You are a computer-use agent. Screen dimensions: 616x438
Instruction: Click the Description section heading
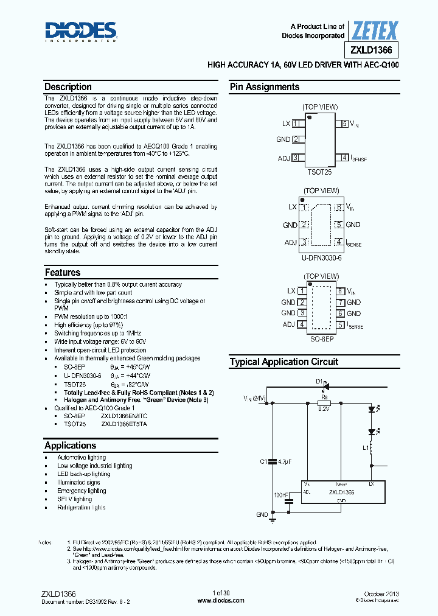pyautogui.click(x=68, y=87)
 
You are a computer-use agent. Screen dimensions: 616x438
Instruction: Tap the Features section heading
pyautogui.click(x=63, y=273)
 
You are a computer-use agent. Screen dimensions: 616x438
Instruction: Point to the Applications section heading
pyautogui.click(x=71, y=446)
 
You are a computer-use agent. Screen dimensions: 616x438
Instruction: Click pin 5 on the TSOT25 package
pyautogui.click(x=344, y=124)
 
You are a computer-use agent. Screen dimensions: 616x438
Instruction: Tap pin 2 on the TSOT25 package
pyautogui.click(x=296, y=139)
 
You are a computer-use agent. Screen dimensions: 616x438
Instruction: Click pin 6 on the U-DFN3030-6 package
pyautogui.click(x=338, y=207)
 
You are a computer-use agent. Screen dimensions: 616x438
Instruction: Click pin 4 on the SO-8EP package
pyautogui.click(x=302, y=324)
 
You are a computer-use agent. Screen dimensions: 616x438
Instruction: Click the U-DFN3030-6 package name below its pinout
pyautogui.click(x=320, y=257)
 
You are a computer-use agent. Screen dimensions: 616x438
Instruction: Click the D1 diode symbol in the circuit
pyautogui.click(x=325, y=385)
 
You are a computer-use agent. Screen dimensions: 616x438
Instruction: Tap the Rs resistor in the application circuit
pyautogui.click(x=324, y=402)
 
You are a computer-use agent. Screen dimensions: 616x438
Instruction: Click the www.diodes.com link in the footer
pyautogui.click(x=221, y=600)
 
